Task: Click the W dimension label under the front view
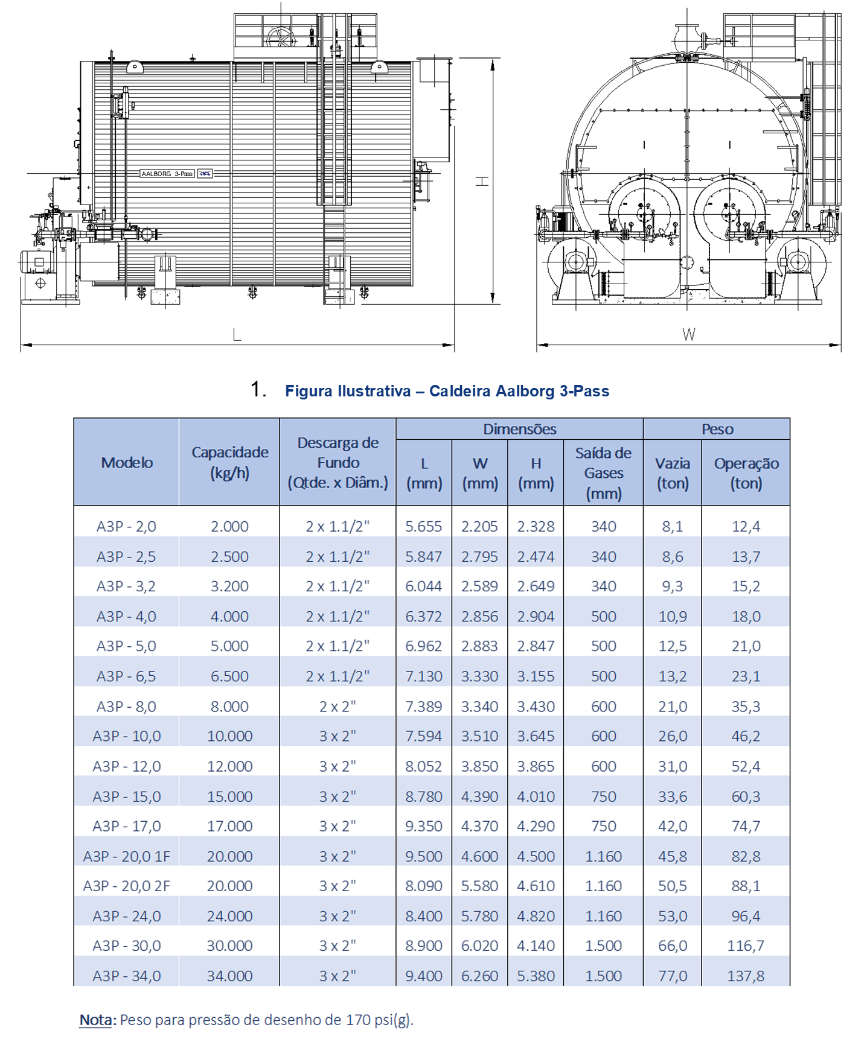point(688,334)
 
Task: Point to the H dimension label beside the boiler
point(482,181)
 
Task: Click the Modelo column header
point(127,463)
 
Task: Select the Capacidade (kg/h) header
point(229,462)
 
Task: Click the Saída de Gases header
point(603,473)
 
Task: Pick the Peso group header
point(717,429)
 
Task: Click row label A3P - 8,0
point(126,706)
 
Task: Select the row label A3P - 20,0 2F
point(126,886)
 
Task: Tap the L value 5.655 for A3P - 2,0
point(423,526)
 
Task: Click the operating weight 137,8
point(746,976)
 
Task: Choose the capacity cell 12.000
point(229,766)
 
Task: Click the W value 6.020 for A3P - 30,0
point(479,945)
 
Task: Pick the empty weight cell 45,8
point(673,856)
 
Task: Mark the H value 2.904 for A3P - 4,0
point(536,616)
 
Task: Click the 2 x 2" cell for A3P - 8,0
point(338,706)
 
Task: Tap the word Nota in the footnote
point(96,1020)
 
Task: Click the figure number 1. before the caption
point(258,390)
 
